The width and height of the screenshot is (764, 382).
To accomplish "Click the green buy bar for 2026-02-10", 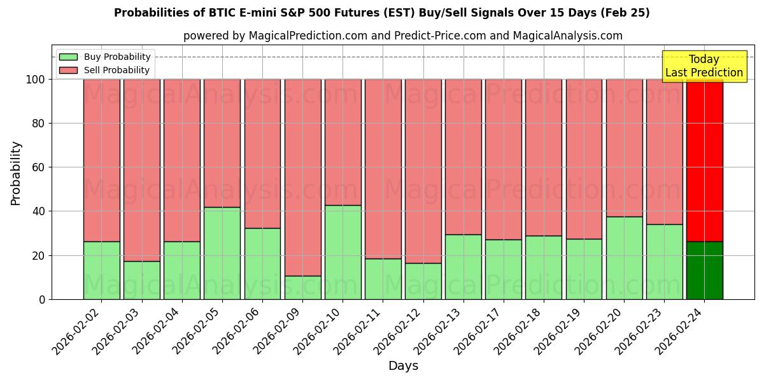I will pos(343,252).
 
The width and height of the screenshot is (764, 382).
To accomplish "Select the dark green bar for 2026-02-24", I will pos(705,271).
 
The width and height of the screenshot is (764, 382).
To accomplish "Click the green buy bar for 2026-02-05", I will pos(222,253).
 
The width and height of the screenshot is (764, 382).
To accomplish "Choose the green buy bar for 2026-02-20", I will pos(625,258).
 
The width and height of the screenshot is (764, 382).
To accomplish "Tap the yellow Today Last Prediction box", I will pos(704,66).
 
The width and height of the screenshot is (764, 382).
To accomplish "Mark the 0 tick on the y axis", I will pos(42,299).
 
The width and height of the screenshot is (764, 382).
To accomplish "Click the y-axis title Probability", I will pos(16,173).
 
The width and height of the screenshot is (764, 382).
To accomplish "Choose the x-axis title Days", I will pos(403,366).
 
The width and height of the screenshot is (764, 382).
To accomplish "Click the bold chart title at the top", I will pos(382,13).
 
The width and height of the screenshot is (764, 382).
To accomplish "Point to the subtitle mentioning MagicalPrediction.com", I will pos(403,36).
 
